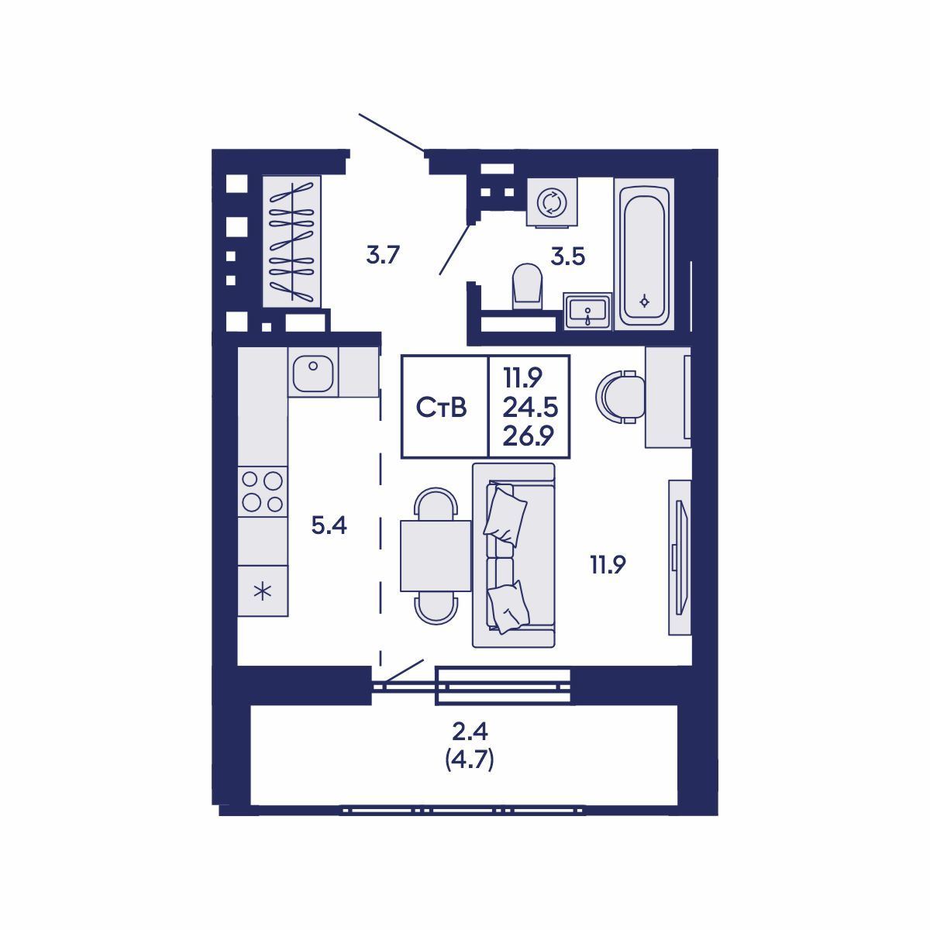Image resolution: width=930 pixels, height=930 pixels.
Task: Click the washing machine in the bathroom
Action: tap(552, 202)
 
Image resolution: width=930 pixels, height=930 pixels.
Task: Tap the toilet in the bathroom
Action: tap(527, 287)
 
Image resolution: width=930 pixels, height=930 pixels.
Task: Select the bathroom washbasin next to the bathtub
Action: tap(588, 312)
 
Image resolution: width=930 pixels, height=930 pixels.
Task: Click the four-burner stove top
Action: tap(262, 491)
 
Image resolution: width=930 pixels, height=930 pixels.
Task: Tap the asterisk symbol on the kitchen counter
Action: tap(263, 591)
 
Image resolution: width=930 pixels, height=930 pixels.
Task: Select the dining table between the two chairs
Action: tap(435, 556)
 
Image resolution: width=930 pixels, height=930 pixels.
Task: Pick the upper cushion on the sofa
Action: tap(505, 512)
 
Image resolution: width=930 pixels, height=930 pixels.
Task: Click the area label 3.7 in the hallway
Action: tap(382, 254)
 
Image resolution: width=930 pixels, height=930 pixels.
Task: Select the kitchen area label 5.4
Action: tap(329, 526)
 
